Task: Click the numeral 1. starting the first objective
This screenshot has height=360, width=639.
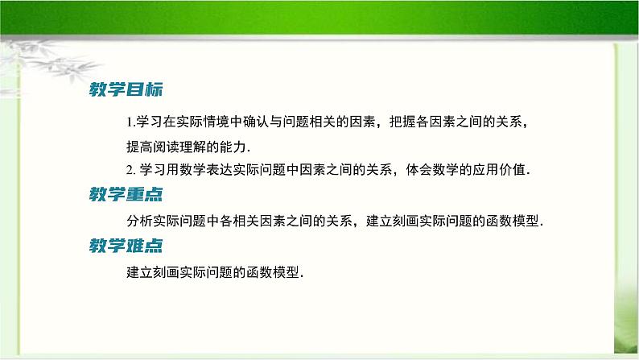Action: coord(131,122)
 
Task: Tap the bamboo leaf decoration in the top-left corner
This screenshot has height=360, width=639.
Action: coord(32,60)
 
